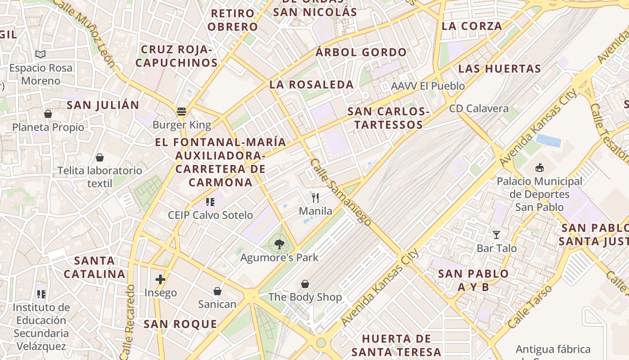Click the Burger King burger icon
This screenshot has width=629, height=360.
coord(182,111)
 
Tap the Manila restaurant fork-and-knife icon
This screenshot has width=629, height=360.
coord(315,197)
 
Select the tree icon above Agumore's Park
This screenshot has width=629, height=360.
coord(279,244)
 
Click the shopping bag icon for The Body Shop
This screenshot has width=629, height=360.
coord(305,284)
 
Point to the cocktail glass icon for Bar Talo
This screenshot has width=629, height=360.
coord(496,234)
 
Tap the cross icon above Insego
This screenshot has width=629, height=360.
coord(160,279)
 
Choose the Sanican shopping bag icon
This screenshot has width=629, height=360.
coord(217,291)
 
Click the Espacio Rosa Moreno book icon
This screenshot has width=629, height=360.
coord(40,54)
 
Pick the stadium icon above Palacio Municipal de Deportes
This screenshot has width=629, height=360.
coord(539,168)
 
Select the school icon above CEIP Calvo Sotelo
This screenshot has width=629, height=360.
coord(210,202)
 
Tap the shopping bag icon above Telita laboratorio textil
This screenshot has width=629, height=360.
coord(100,157)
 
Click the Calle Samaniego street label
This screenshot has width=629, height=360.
coord(341,192)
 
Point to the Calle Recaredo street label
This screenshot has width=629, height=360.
coord(128,321)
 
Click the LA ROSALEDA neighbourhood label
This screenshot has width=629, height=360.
coord(311,85)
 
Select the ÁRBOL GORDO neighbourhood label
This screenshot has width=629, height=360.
coord(361,52)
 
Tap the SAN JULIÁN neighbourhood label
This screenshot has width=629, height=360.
coord(103,105)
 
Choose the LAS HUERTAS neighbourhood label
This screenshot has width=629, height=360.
coord(499,69)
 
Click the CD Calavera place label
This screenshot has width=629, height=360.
coord(479,108)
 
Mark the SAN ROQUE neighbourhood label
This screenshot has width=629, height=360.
coord(180,324)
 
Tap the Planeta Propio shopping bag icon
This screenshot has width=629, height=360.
coord(48,114)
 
